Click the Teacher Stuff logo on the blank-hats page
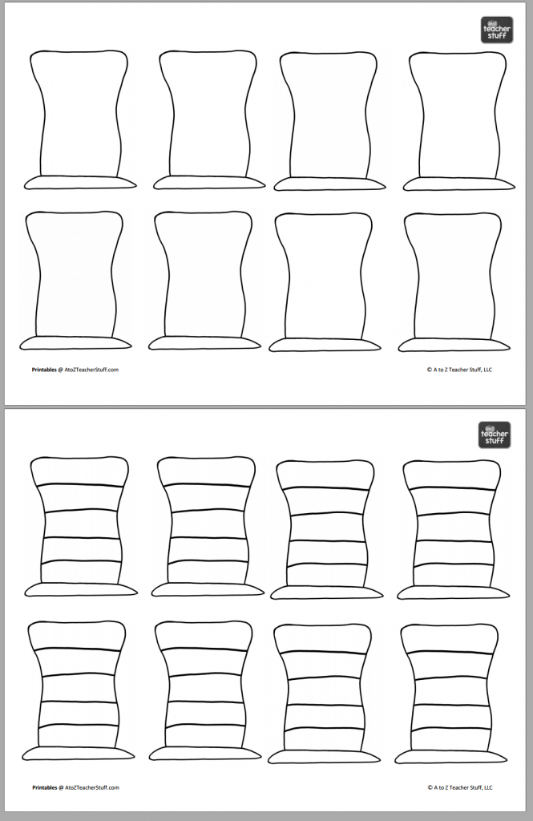click(x=496, y=30)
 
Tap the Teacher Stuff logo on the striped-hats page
click(x=495, y=435)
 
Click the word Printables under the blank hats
click(x=44, y=370)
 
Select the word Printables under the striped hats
click(x=44, y=787)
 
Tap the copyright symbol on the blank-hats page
click(x=430, y=370)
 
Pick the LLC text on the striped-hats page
click(x=488, y=787)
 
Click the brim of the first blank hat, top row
click(x=80, y=183)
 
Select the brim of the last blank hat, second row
click(x=454, y=345)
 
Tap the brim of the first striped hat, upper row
click(x=80, y=589)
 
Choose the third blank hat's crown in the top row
click(x=329, y=116)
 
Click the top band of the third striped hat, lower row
click(x=323, y=639)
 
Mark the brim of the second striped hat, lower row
click(x=207, y=753)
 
